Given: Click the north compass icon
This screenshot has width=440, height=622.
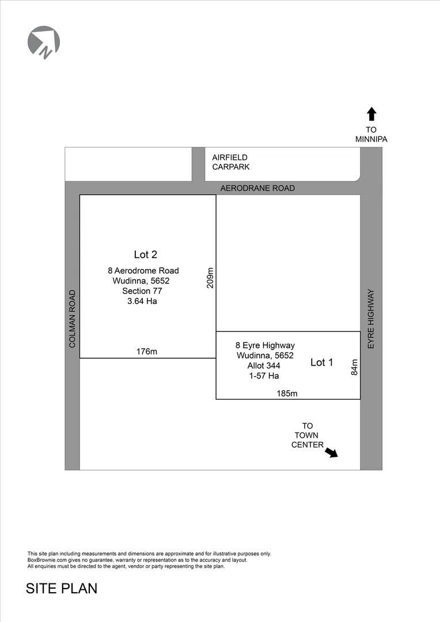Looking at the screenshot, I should (x=44, y=42).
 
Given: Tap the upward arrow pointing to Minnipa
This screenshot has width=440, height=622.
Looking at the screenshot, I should (x=371, y=114).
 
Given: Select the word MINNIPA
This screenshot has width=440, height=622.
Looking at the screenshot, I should (x=371, y=139).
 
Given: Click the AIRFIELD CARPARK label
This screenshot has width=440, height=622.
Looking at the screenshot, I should (x=230, y=162).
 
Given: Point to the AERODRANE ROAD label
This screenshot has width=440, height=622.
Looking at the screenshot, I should (x=257, y=188).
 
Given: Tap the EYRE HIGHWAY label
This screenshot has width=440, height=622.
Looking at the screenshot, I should (x=371, y=318).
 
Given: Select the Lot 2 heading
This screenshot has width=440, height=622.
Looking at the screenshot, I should (x=146, y=255).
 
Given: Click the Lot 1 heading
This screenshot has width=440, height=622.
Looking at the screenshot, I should (x=321, y=362).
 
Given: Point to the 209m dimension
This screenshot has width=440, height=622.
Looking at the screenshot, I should (x=210, y=278).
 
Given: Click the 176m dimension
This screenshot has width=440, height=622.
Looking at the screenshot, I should (x=146, y=351).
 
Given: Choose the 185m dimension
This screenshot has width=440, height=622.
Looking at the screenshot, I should (x=287, y=393).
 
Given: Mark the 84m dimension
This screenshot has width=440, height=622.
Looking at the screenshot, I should (x=354, y=367).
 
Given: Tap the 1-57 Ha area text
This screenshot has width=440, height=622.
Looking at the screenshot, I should (x=264, y=376).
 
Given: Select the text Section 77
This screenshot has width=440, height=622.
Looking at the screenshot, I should (x=142, y=291).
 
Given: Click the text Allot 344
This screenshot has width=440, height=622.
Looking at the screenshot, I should (x=264, y=366).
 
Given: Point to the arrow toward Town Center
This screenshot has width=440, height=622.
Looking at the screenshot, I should (x=331, y=453).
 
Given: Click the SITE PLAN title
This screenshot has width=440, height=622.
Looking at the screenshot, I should (x=62, y=589).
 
